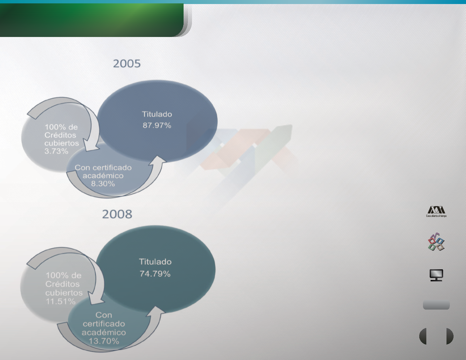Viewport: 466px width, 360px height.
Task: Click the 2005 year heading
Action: (x=127, y=64)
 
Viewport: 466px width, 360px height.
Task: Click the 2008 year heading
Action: (x=117, y=214)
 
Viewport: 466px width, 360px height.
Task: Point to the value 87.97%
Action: (x=157, y=125)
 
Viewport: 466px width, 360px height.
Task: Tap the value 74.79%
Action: (x=155, y=274)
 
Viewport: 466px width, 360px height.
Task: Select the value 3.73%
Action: (x=56, y=151)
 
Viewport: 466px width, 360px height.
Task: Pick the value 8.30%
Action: (x=103, y=184)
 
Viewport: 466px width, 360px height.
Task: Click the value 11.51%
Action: (x=61, y=302)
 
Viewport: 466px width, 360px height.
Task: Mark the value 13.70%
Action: (x=104, y=341)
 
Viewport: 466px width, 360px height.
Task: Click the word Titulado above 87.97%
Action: (x=157, y=114)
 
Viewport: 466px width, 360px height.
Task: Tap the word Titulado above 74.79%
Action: (x=155, y=262)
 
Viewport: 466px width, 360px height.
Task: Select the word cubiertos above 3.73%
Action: (x=62, y=143)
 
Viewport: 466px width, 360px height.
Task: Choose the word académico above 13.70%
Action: (x=104, y=332)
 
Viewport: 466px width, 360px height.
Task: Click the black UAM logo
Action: (x=436, y=210)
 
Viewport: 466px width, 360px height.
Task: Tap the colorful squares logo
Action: (x=436, y=242)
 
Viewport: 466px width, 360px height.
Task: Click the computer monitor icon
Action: (x=436, y=275)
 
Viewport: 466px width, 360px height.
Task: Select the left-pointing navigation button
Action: (x=423, y=336)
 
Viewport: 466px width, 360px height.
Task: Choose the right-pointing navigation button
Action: (x=450, y=336)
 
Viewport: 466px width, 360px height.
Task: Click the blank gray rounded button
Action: (x=436, y=305)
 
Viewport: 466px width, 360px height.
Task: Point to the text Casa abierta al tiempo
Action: (x=436, y=216)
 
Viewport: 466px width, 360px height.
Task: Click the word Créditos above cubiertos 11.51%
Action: (x=63, y=284)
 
